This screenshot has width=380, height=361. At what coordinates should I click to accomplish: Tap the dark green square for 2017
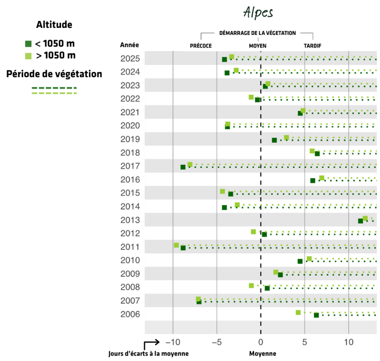[183, 167]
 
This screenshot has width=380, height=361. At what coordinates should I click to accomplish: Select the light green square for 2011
[176, 245]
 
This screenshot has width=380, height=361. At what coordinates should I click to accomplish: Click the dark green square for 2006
[316, 315]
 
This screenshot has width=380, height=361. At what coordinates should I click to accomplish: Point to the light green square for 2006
[299, 312]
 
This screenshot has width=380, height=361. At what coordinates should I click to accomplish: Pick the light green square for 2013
[365, 218]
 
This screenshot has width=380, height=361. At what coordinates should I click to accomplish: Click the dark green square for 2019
[274, 140]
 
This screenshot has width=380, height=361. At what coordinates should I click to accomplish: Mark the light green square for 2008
[251, 285]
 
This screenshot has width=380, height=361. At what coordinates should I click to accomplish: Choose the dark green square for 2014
[225, 207]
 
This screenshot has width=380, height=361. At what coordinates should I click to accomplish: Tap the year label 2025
[130, 58]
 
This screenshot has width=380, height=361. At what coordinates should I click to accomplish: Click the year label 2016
[130, 179]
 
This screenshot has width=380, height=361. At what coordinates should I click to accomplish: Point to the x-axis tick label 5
[304, 342]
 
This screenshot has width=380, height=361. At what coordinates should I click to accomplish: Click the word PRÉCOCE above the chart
[201, 46]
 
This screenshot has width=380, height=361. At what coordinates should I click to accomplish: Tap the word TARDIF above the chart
[312, 46]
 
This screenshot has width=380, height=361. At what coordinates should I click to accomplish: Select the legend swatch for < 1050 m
[28, 43]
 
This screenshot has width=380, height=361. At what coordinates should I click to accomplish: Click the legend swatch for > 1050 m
[28, 56]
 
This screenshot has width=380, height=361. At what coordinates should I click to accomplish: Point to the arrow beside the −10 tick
[152, 342]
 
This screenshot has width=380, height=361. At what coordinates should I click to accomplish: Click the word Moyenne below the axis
[263, 353]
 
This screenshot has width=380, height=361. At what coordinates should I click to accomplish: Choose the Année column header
[130, 45]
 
